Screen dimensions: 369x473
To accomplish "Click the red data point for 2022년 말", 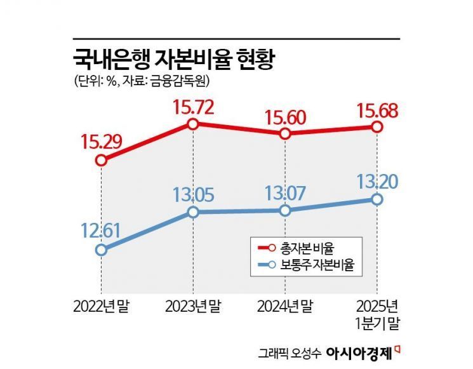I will [x=101, y=161].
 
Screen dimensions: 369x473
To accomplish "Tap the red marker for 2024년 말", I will [x=285, y=134].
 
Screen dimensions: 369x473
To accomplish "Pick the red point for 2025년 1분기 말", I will [x=377, y=127].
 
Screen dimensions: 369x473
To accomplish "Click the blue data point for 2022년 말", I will [x=101, y=250].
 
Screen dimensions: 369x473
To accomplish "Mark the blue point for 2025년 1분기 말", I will [x=377, y=199].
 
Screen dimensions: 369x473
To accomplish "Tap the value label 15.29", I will [x=102, y=140].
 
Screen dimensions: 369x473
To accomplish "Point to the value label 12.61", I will [x=102, y=228].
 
